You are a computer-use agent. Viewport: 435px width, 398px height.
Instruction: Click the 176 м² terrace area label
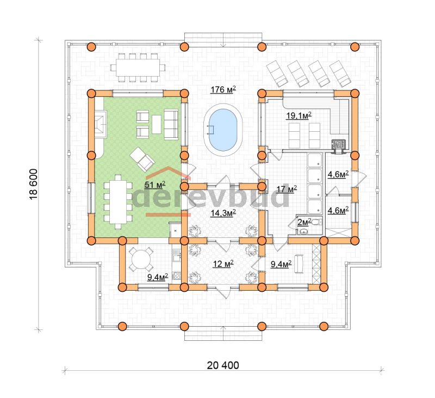pyautogui.click(x=223, y=90)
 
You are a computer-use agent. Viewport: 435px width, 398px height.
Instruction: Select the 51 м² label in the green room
pyautogui.click(x=155, y=185)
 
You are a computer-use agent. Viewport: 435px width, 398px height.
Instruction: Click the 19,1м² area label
pyautogui.click(x=299, y=115)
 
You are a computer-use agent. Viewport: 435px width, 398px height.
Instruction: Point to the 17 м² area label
pyautogui.click(x=287, y=189)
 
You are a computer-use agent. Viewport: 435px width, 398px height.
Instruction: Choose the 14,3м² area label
pyautogui.click(x=223, y=213)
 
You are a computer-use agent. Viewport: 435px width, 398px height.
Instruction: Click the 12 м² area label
pyautogui.click(x=223, y=264)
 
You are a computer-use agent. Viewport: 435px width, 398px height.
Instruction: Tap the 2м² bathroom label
pyautogui.click(x=304, y=222)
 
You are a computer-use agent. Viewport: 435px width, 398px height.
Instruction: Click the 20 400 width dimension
pyautogui.click(x=223, y=365)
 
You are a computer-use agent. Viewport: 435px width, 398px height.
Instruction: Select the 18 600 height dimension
pyautogui.click(x=33, y=184)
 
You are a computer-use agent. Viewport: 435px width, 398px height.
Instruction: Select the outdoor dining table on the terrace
pyautogui.click(x=138, y=68)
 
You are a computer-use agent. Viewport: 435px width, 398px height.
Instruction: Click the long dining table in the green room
pyautogui.click(x=118, y=201)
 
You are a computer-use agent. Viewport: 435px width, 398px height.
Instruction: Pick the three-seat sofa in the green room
pyautogui.click(x=171, y=125)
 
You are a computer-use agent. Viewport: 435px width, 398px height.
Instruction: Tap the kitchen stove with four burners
pyautogui.click(x=176, y=276)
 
